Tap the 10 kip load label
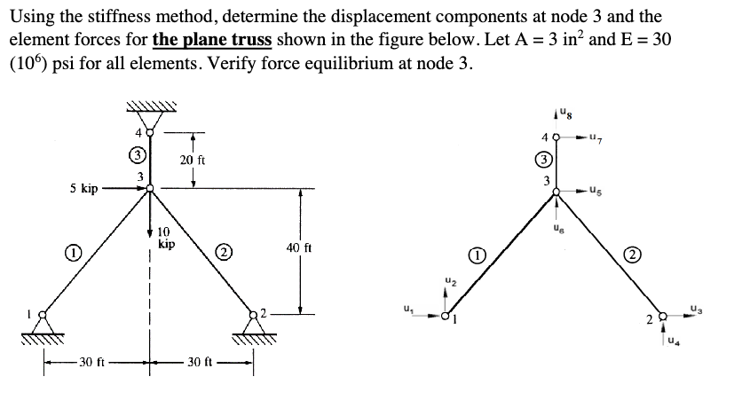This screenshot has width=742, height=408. [165, 237]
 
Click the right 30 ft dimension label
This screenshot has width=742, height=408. [201, 362]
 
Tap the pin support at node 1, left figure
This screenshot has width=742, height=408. [40, 326]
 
